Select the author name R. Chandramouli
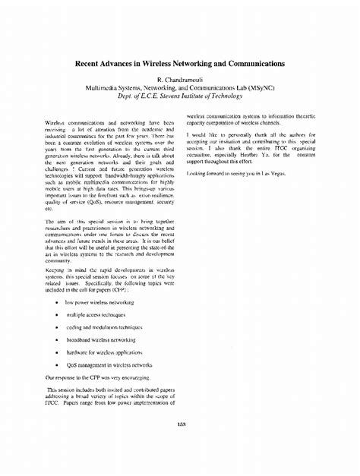click(x=180, y=80)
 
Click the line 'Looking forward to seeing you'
click(x=228, y=174)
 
